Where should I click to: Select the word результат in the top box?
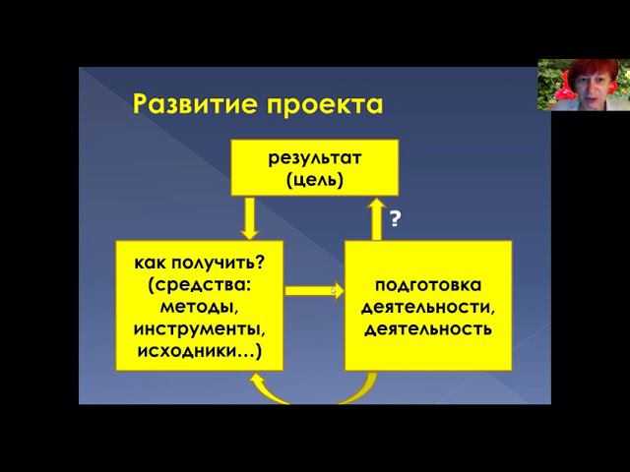pyautogui.click(x=314, y=157)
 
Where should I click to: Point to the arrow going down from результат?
pyautogui.click(x=249, y=217)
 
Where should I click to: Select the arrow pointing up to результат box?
pyautogui.click(x=375, y=217)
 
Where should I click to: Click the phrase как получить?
pyautogui.click(x=198, y=263)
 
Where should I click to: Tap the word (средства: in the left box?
pyautogui.click(x=198, y=284)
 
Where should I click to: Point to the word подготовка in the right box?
pyautogui.click(x=427, y=285)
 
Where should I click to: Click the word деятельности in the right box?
pyautogui.click(x=427, y=307)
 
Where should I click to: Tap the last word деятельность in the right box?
pyautogui.click(x=427, y=328)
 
